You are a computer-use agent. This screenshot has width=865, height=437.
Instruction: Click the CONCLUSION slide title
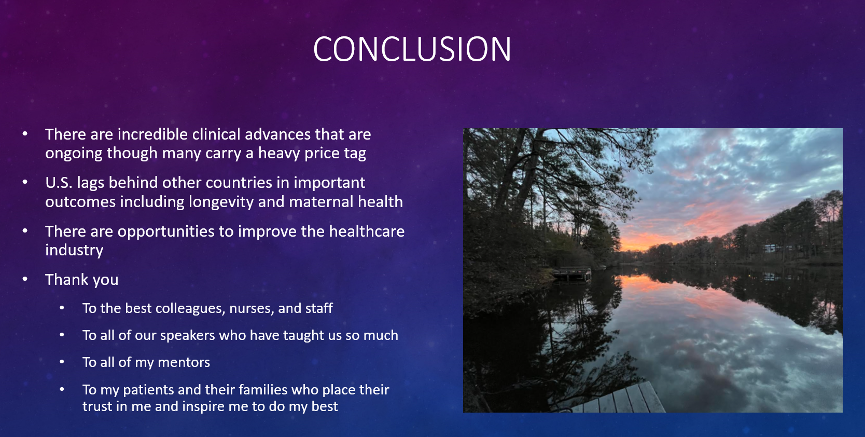point(412,49)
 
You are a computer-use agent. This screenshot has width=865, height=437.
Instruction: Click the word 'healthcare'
point(367,231)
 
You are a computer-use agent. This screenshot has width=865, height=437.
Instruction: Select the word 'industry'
point(74,250)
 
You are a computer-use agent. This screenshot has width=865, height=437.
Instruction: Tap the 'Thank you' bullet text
point(82,279)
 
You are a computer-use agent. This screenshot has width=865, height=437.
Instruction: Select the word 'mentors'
point(184,362)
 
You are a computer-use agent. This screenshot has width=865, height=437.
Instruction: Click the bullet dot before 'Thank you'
point(25,279)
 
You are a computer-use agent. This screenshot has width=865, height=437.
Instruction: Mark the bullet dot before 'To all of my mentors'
point(62,362)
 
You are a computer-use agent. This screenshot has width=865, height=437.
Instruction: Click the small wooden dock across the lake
point(571,274)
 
